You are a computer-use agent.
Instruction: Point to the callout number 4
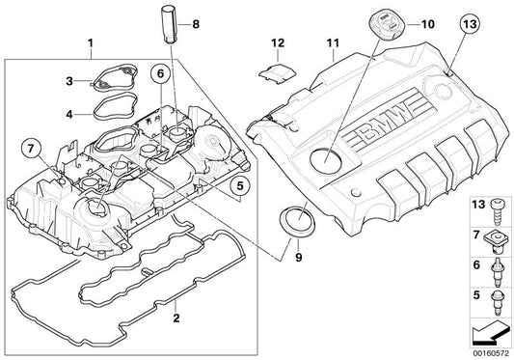[x=68, y=114]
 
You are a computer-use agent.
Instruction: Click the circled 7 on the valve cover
[x=29, y=147]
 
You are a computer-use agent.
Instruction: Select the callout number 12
[x=278, y=42]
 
